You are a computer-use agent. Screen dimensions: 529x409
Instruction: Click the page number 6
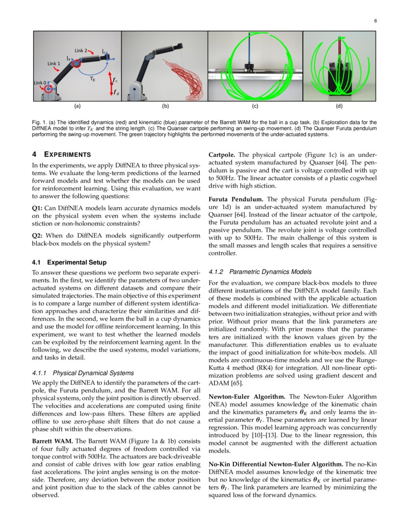(x=375, y=21)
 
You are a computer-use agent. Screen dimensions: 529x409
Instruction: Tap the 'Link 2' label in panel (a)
(x=81, y=50)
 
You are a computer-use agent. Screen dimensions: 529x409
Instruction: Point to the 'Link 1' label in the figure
(x=54, y=63)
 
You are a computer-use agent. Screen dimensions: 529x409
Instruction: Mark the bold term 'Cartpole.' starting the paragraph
(x=222, y=155)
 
